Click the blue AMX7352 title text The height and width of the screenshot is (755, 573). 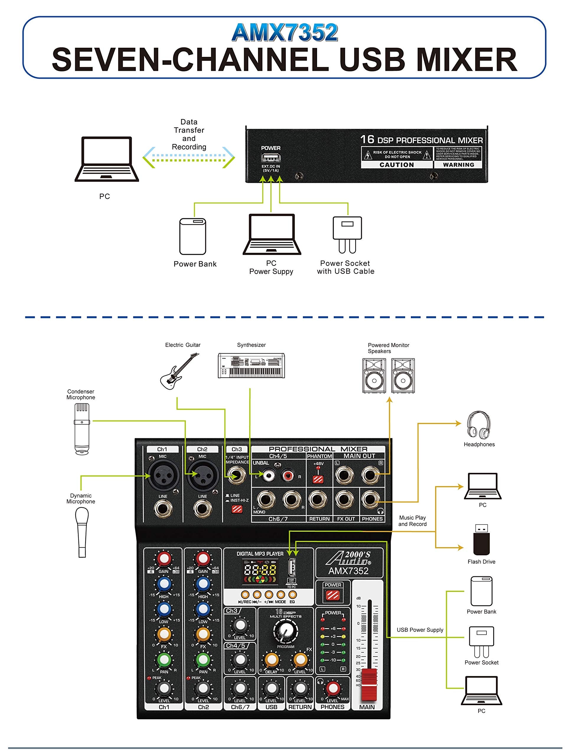click(x=285, y=33)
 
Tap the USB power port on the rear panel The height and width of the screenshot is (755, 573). click(x=271, y=158)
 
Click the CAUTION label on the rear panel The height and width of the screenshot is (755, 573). click(x=396, y=165)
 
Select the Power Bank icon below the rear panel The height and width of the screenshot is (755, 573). click(x=193, y=236)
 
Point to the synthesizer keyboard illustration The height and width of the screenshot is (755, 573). click(x=251, y=365)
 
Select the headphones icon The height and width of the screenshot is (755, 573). click(x=479, y=425)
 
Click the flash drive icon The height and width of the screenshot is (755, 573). click(x=481, y=539)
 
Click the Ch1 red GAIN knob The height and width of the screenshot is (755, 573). click(x=164, y=559)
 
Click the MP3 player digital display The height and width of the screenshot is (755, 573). click(x=260, y=570)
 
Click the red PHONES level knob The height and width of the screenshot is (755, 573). click(x=332, y=688)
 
